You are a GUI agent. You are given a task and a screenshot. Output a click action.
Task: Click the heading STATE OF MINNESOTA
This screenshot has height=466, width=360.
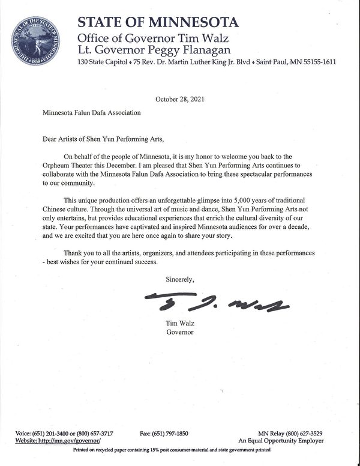(158, 22)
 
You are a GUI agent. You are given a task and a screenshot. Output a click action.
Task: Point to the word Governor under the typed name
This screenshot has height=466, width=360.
(180, 331)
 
